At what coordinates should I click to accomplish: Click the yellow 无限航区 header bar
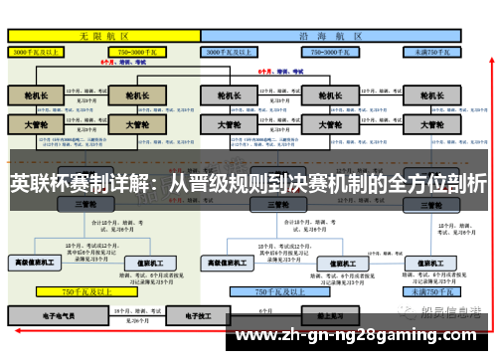point(103,34)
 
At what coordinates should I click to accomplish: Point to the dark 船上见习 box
point(329,316)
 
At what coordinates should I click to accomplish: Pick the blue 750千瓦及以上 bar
point(279,292)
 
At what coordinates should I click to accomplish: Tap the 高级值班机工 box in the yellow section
point(35,263)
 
